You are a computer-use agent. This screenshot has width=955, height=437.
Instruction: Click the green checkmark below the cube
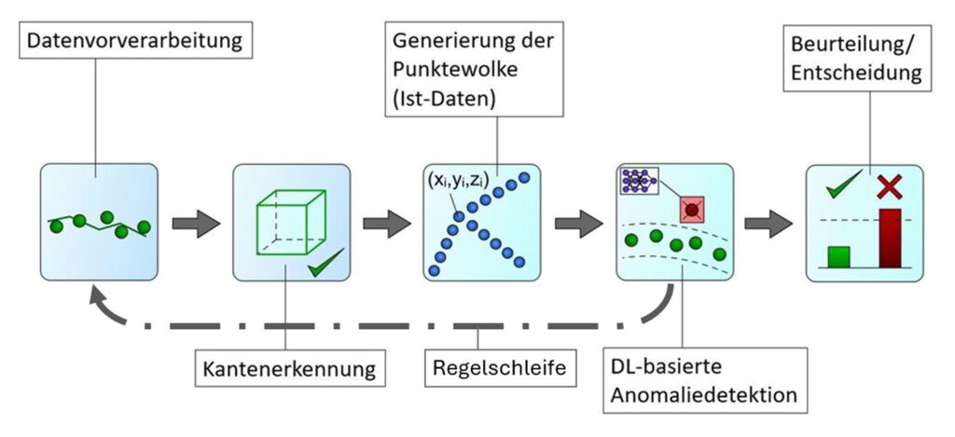323,271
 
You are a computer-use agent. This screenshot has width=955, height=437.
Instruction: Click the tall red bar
890,239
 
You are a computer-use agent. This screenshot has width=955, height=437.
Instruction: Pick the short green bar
838,256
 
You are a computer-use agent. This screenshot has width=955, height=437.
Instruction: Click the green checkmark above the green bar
841,188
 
